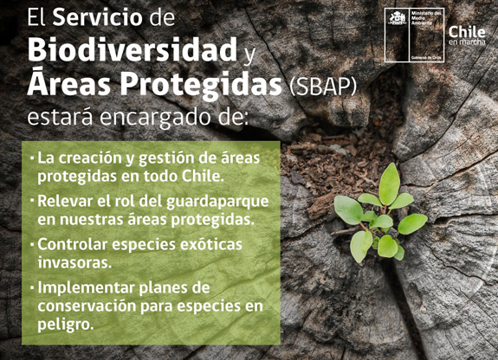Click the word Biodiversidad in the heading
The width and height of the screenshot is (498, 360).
[x=133, y=50]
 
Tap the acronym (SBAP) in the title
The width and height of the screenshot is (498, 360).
[x=323, y=86]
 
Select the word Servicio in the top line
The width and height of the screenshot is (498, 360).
[x=98, y=17]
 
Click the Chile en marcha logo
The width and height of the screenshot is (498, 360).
[x=467, y=35]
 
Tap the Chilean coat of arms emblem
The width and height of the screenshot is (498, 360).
[x=398, y=19]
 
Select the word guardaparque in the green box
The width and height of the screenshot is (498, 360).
[x=217, y=202]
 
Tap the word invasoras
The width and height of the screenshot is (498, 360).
[x=75, y=262]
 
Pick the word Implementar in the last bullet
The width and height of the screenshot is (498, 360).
[x=86, y=288]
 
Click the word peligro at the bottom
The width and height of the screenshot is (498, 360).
[x=66, y=325]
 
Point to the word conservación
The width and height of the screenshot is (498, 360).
[x=87, y=306]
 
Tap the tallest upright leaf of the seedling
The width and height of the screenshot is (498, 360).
[x=389, y=184]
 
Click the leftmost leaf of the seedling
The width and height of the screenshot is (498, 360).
[x=348, y=209]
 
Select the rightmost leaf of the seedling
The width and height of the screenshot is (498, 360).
[x=412, y=223]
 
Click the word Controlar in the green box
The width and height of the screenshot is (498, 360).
[x=73, y=244]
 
